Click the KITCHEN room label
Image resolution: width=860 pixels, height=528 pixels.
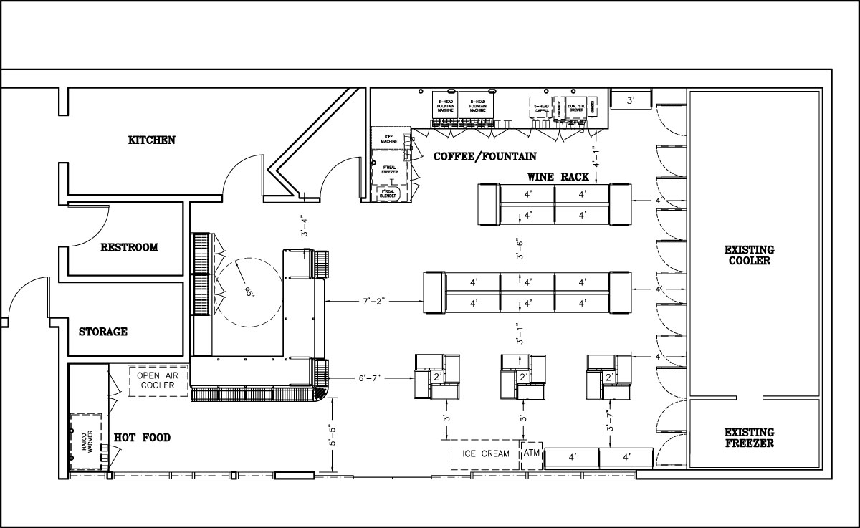click(151, 140)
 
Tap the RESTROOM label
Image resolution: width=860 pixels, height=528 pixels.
click(129, 247)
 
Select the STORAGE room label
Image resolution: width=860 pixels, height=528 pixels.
click(103, 332)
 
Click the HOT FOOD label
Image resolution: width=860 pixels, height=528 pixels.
click(142, 437)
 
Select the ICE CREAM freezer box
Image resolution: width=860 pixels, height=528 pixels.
click(485, 453)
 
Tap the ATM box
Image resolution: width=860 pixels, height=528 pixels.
click(531, 453)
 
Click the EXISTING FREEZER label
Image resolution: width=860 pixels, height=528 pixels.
click(749, 438)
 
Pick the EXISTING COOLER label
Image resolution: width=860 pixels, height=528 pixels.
click(749, 255)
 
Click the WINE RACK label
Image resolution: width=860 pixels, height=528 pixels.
click(558, 176)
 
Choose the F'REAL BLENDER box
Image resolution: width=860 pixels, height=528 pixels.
click(388, 193)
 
